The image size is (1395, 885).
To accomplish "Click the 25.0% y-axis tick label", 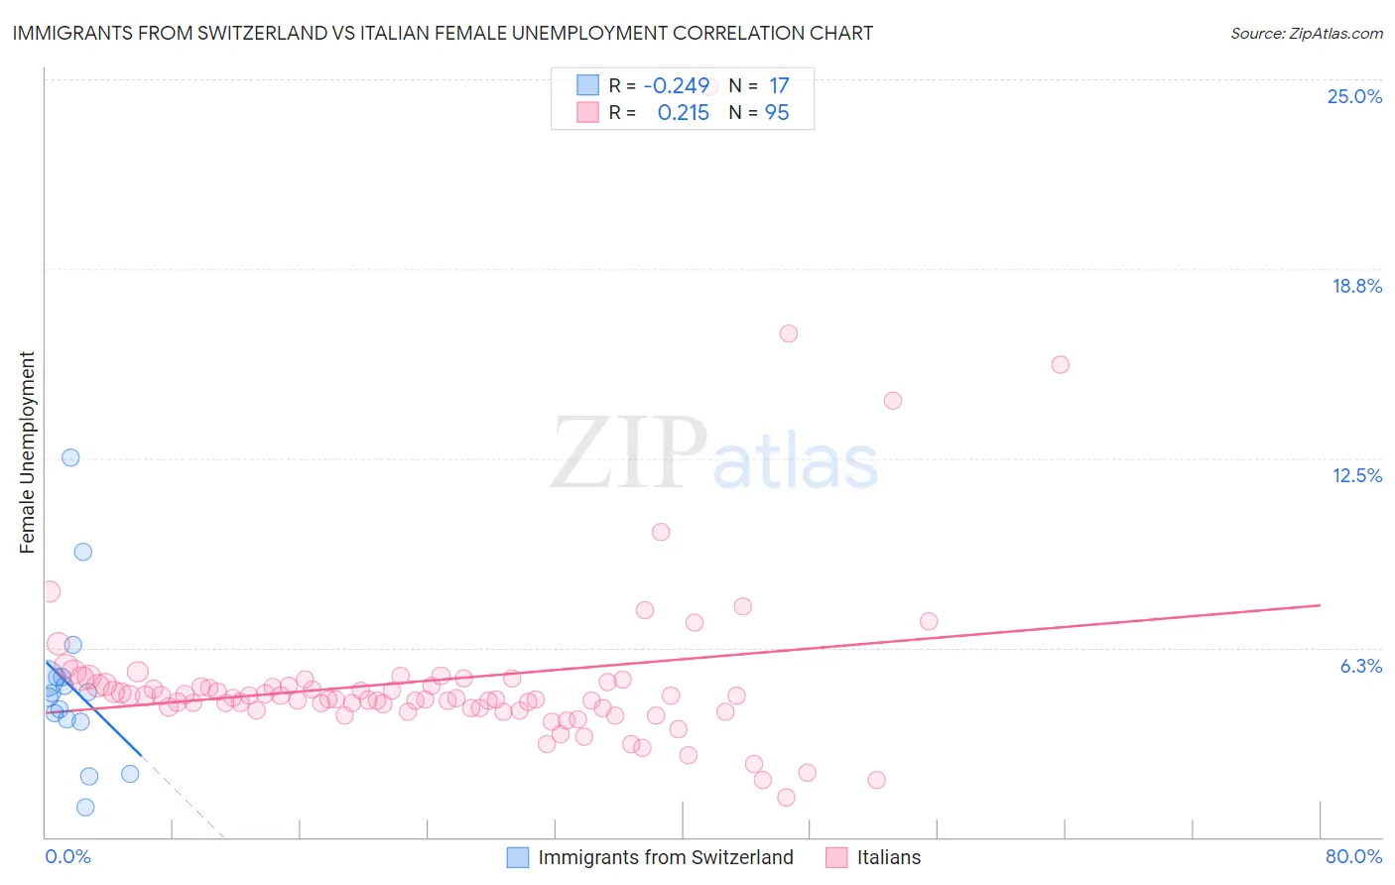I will [1354, 96].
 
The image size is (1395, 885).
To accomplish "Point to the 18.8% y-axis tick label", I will [1356, 286].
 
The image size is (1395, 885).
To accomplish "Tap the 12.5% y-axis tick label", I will [1356, 475].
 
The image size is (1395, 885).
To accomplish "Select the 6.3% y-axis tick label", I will [1360, 666].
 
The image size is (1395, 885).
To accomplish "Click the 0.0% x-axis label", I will [67, 856].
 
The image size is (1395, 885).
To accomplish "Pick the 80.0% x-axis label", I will [1353, 856].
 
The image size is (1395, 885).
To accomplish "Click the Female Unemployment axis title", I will [27, 452].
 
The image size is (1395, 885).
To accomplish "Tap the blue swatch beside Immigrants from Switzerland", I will [518, 857].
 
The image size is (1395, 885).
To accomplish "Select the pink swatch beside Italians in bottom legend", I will [837, 857].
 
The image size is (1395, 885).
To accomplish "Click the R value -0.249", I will [677, 85].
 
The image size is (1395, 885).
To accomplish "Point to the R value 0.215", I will [683, 113].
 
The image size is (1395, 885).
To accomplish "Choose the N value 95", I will [777, 113].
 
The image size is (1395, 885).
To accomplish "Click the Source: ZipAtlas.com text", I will [1306, 34].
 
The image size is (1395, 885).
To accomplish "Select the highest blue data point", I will [70, 457].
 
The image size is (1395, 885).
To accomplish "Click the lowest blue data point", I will [85, 808].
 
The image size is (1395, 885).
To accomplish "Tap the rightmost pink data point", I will [1060, 364].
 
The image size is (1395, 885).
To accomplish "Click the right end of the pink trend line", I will [1320, 604].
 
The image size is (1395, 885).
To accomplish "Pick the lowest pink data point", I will [786, 798].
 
